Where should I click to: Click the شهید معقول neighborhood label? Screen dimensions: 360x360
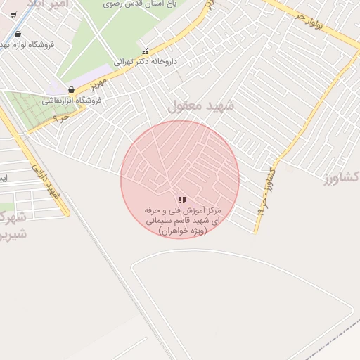tap(200, 106)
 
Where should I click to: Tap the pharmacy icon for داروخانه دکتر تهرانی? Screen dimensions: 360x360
tap(146, 51)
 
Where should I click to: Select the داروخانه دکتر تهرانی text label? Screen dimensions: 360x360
tap(169, 62)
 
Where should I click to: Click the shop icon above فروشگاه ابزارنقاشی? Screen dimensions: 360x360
tap(72, 90)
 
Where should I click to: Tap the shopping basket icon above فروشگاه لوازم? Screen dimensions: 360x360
tap(18, 34)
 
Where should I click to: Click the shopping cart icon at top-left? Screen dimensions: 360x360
tap(13, 14)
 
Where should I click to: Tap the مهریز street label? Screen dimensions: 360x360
tap(98, 84)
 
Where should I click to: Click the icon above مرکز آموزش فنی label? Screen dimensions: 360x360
tap(182, 200)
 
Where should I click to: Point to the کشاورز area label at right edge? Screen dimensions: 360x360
tap(343, 176)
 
